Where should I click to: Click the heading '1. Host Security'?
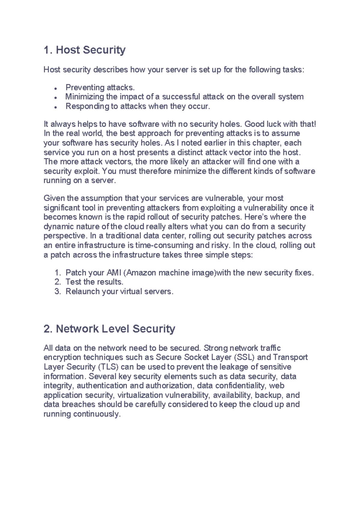click(x=84, y=50)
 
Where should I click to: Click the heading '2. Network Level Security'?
click(x=109, y=329)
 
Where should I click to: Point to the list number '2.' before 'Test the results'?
click(x=58, y=282)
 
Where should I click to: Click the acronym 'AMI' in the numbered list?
click(x=114, y=273)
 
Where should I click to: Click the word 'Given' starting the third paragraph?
click(x=54, y=198)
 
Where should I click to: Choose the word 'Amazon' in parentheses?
click(x=140, y=273)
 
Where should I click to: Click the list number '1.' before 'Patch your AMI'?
click(x=58, y=273)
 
